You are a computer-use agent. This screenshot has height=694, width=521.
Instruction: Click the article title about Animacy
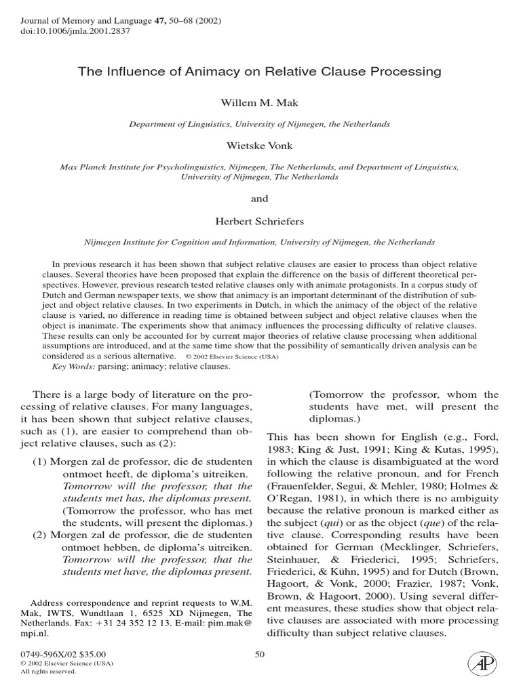[x=260, y=71]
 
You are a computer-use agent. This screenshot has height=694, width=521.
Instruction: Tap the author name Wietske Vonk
[x=260, y=144]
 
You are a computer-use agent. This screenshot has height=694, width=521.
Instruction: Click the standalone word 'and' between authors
[x=260, y=199]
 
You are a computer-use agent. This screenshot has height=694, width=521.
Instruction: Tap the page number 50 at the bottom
[x=259, y=653]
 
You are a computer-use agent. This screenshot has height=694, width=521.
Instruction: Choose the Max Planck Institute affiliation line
[x=260, y=166]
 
